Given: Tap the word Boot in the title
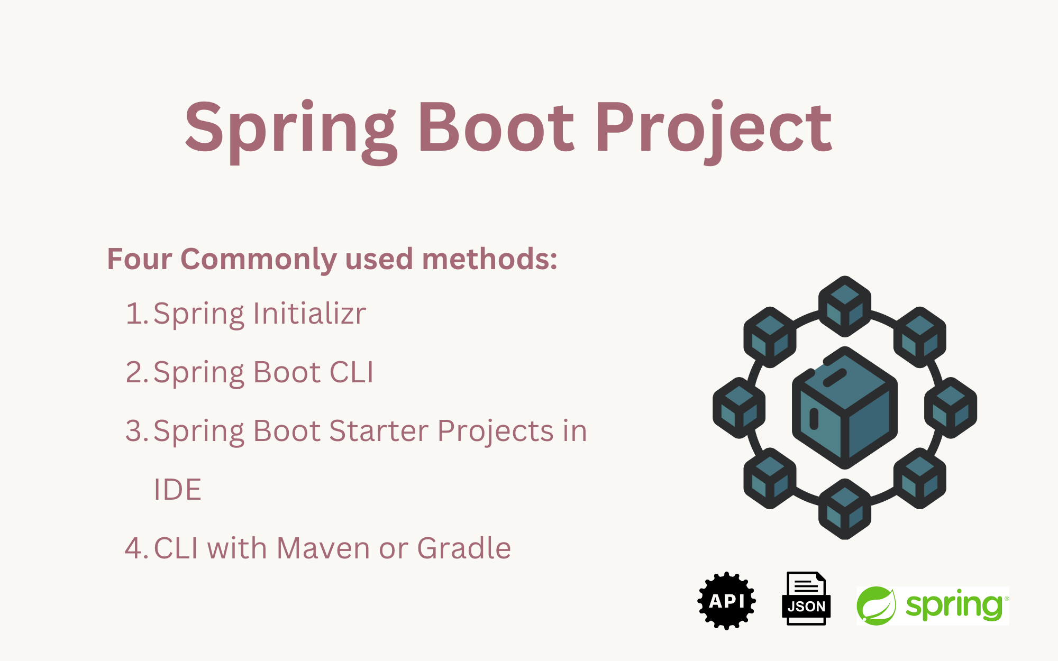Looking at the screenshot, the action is [x=496, y=127].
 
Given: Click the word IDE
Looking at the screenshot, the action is [x=177, y=489].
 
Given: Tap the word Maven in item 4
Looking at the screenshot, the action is [x=323, y=548].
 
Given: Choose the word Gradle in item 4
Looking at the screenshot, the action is [x=464, y=548].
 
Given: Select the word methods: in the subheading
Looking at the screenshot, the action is [x=489, y=259].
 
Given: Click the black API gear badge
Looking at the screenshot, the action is [x=726, y=601].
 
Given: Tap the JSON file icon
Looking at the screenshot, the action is [x=806, y=598].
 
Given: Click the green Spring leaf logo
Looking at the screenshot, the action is [x=876, y=605].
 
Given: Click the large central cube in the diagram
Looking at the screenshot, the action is [x=844, y=408].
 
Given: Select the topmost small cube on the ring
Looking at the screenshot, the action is [x=845, y=306].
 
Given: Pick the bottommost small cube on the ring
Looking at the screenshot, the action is [x=845, y=509].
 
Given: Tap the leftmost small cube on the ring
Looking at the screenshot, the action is [x=739, y=408].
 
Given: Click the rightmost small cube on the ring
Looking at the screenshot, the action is [x=951, y=408].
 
